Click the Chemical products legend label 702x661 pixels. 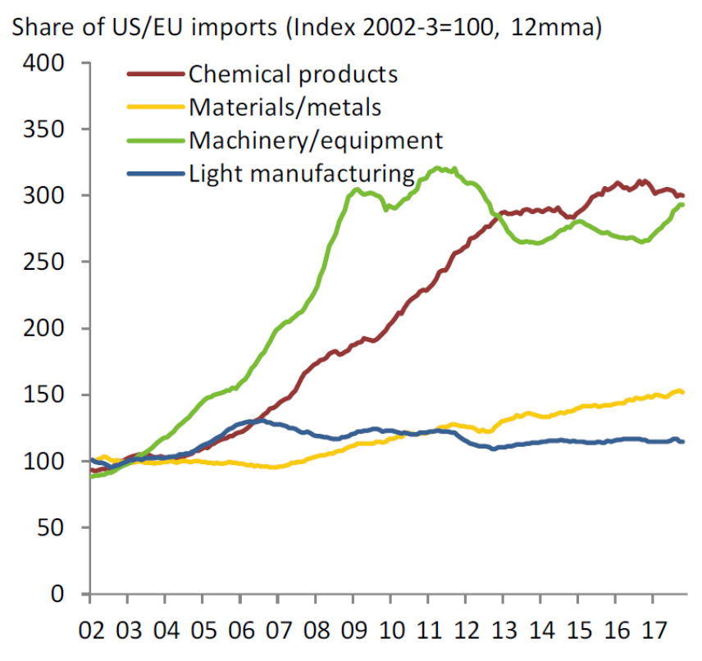click(x=293, y=74)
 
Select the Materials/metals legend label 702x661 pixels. click(x=285, y=107)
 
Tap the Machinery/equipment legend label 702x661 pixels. click(x=316, y=139)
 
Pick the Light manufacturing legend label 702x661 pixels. click(x=302, y=173)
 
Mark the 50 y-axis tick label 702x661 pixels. click(x=61, y=527)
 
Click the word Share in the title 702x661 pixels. click(x=45, y=29)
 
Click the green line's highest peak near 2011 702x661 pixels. click(x=440, y=168)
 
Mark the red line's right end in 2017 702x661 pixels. click(x=683, y=195)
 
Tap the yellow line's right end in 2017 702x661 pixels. click(x=683, y=393)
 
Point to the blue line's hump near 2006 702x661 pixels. click(x=256, y=421)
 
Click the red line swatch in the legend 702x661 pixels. click(x=154, y=74)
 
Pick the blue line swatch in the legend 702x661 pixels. click(x=154, y=173)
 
